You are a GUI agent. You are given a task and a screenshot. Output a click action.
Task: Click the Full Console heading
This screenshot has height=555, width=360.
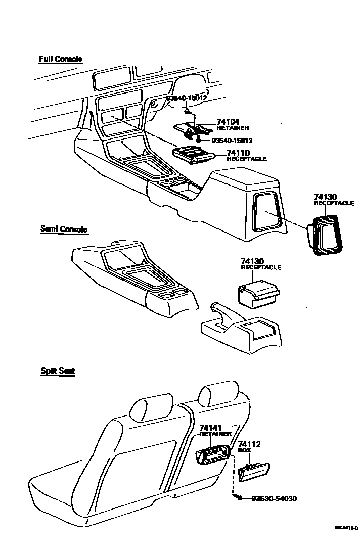pos(60,59)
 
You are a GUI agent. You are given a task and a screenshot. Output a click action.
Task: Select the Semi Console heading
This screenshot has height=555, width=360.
pos(64,229)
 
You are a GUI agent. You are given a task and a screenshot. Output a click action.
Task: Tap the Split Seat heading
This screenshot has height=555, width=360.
pos(58,371)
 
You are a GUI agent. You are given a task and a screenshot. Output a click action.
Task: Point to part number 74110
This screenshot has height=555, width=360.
pos(238,153)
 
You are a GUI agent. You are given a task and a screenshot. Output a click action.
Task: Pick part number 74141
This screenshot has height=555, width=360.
pos(211,428)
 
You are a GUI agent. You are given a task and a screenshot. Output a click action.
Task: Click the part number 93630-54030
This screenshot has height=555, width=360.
pos(274,499)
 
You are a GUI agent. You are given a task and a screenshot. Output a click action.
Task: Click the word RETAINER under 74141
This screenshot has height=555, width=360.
pos(215,434)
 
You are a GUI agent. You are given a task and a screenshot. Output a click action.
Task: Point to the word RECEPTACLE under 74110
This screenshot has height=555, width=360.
pos(247,159)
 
